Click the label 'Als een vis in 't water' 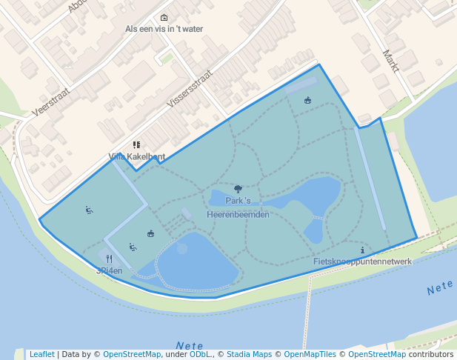164,29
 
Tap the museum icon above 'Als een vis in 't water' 164,18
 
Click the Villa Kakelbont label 137,156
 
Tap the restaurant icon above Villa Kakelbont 136,145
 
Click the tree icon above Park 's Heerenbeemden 238,190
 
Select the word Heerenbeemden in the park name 238,214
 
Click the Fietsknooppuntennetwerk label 362,261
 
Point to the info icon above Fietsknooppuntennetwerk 362,250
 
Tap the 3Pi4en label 109,270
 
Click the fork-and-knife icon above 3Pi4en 109,259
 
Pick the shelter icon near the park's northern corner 307,101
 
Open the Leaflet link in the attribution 41,354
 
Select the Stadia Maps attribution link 249,354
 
